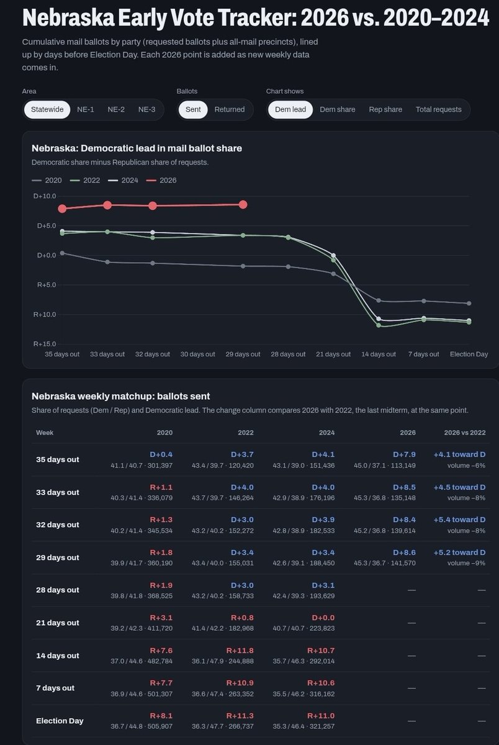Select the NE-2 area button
[x=116, y=109]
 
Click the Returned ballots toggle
[x=230, y=109]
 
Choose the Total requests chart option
[x=439, y=109]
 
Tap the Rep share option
[x=385, y=109]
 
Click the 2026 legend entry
[x=161, y=180]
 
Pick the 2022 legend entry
[x=85, y=180]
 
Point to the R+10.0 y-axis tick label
[x=45, y=314]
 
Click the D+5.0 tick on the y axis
[x=47, y=225]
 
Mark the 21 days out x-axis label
[x=333, y=354]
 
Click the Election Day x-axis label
[x=469, y=354]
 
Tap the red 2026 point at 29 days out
[x=243, y=204]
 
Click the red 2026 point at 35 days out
[x=62, y=209]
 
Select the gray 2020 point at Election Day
[x=469, y=304]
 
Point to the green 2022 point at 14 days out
[x=379, y=325]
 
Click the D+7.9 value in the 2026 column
[x=404, y=454]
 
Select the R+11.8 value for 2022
[x=240, y=650]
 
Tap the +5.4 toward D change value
[x=459, y=520]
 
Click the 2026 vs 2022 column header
[x=465, y=433]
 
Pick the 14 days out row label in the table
[x=58, y=656]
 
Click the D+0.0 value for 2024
[x=323, y=618]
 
